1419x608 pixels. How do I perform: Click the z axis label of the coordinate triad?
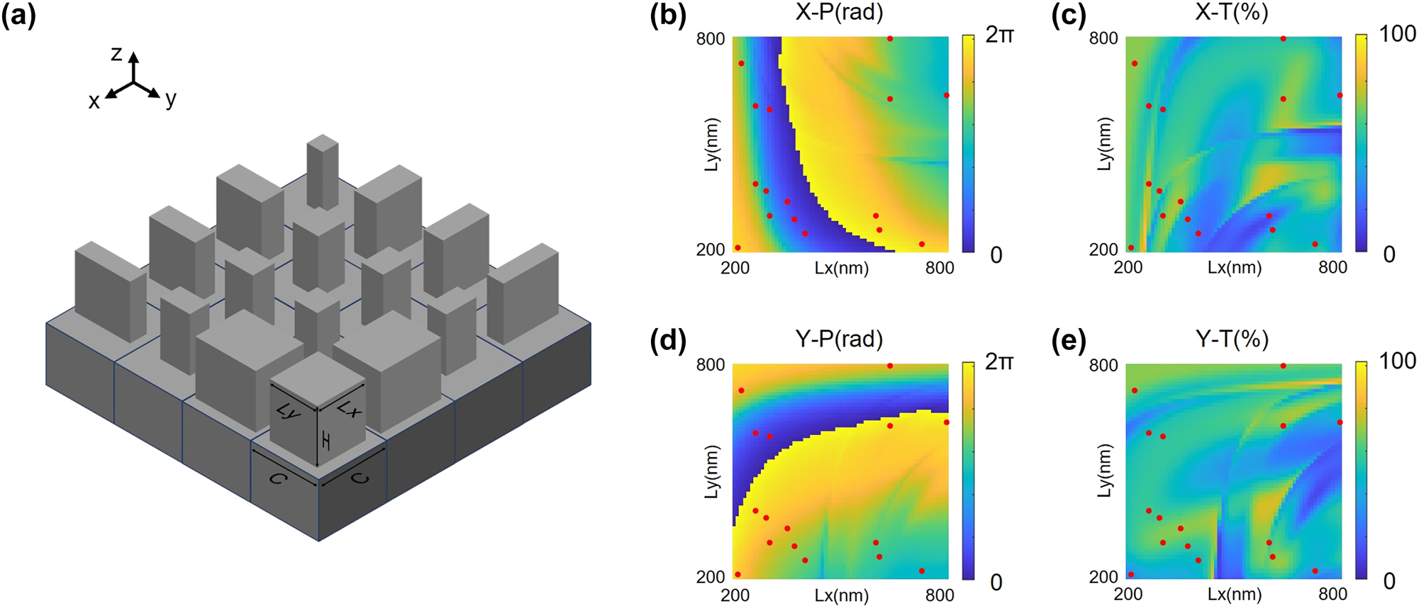pos(117,54)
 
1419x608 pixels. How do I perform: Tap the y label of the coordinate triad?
pos(170,99)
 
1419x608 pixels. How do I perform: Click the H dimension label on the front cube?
pos(325,442)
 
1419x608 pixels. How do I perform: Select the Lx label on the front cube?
pos(347,409)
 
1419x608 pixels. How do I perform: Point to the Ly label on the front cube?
pos(288,411)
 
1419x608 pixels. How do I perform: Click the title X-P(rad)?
pos(839,13)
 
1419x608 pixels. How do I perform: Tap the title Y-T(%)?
pos(1232,339)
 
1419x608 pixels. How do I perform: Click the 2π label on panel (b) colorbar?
pos(1000,35)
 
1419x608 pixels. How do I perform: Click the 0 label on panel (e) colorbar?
pos(1389,582)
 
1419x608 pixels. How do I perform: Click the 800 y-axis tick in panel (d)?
pos(711,365)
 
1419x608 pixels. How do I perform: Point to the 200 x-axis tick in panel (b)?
pos(735,268)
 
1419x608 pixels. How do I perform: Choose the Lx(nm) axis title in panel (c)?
pos(1235,268)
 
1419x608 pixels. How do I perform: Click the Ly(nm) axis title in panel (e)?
pos(1104,471)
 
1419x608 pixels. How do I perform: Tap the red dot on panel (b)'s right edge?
pos(947,95)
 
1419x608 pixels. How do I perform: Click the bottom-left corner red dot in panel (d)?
pos(738,575)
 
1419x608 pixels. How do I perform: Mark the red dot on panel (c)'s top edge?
pos(1284,38)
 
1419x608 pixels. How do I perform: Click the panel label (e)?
pos(1069,342)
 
